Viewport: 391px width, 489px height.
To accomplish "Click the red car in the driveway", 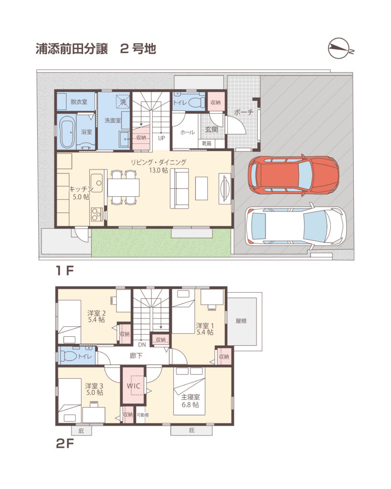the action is click(294, 175).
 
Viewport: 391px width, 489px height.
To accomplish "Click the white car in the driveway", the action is click(295, 226).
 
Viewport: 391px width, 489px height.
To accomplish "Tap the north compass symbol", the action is click(340, 49).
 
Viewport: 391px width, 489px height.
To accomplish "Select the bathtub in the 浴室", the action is click(67, 132).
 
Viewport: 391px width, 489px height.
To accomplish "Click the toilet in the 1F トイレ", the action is click(195, 102).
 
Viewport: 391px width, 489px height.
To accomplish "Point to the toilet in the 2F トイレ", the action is click(67, 355).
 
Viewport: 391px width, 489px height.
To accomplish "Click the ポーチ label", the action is click(243, 112).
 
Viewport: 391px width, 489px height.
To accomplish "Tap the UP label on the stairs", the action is click(161, 138).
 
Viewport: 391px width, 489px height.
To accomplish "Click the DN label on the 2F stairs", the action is click(142, 345).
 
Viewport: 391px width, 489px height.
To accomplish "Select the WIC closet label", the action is click(134, 386).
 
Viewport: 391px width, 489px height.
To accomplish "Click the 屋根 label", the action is click(241, 321).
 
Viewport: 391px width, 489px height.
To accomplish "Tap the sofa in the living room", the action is click(180, 188).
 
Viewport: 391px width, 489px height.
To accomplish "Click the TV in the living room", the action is click(225, 189).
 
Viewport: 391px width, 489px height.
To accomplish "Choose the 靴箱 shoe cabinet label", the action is click(206, 143).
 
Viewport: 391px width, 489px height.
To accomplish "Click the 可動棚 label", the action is click(142, 415).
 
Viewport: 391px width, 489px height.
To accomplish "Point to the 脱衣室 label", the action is click(79, 102).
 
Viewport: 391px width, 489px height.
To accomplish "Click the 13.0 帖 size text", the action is click(159, 170).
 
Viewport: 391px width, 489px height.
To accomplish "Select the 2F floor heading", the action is click(64, 443).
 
